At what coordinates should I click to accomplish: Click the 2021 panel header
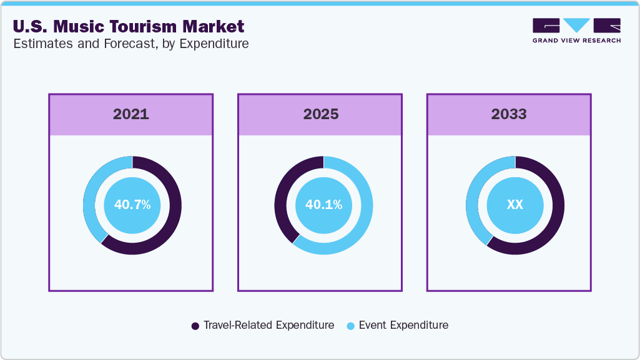131,114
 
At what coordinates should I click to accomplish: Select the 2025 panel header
321,114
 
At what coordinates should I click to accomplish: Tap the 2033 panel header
509,114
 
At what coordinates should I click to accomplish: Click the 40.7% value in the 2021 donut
132,205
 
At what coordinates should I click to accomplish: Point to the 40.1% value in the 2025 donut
323,205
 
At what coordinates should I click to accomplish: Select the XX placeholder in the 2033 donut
515,205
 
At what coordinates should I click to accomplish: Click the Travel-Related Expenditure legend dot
195,326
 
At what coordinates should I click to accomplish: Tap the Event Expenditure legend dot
351,326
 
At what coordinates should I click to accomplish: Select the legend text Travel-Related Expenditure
268,325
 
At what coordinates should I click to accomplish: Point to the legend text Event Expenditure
403,325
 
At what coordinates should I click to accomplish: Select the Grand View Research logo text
576,41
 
